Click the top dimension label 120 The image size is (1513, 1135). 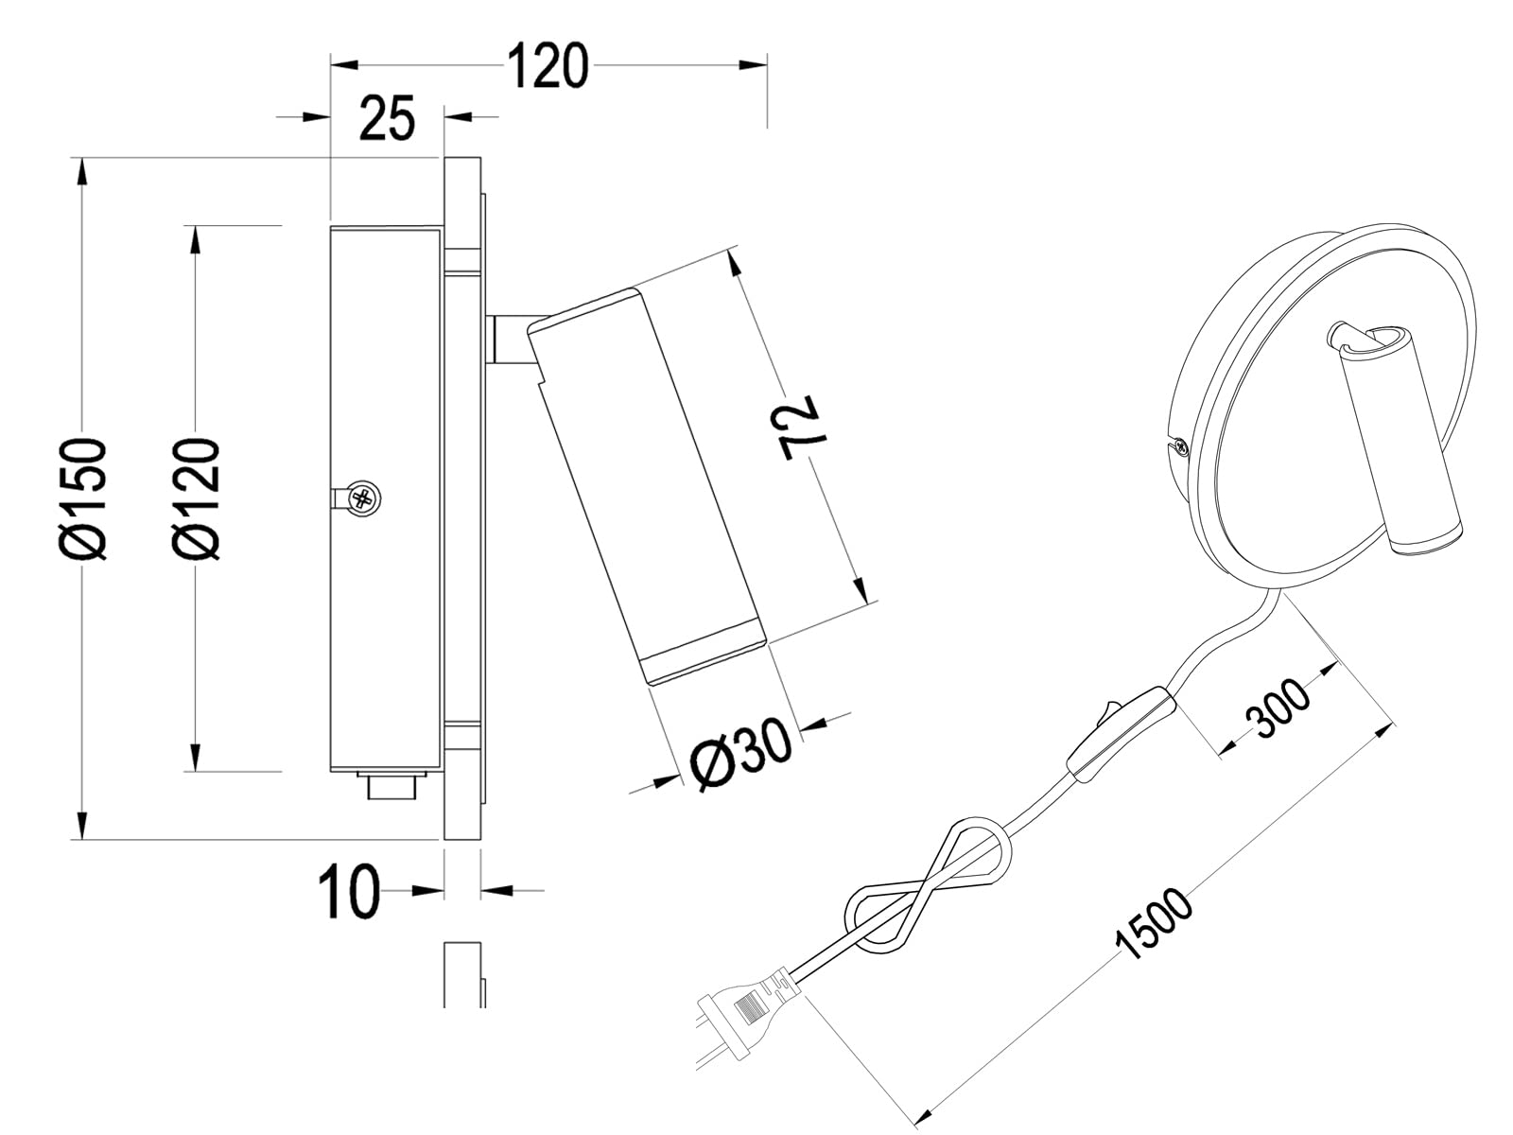[548, 66]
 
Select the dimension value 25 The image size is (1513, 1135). [388, 118]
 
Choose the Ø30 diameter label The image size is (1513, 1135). [740, 756]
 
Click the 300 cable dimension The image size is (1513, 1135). [1278, 708]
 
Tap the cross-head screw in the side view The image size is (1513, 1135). [363, 497]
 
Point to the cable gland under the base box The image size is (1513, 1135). [391, 786]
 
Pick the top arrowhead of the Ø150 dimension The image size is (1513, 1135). [82, 171]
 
